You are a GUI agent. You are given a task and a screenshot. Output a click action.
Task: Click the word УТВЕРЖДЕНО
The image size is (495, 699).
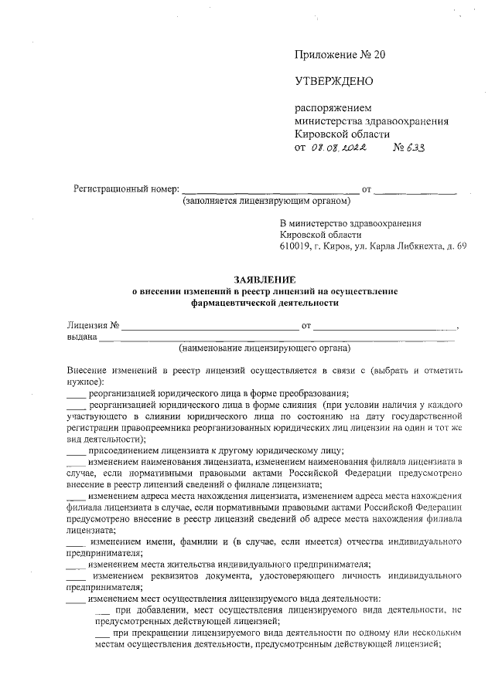click(x=334, y=81)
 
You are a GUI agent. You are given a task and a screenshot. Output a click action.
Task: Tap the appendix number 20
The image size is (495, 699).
click(x=377, y=55)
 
